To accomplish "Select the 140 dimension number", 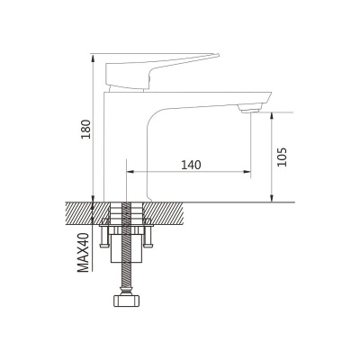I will click(190, 165).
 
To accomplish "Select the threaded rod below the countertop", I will click(131, 252).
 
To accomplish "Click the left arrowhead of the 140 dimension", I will click(132, 172).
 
